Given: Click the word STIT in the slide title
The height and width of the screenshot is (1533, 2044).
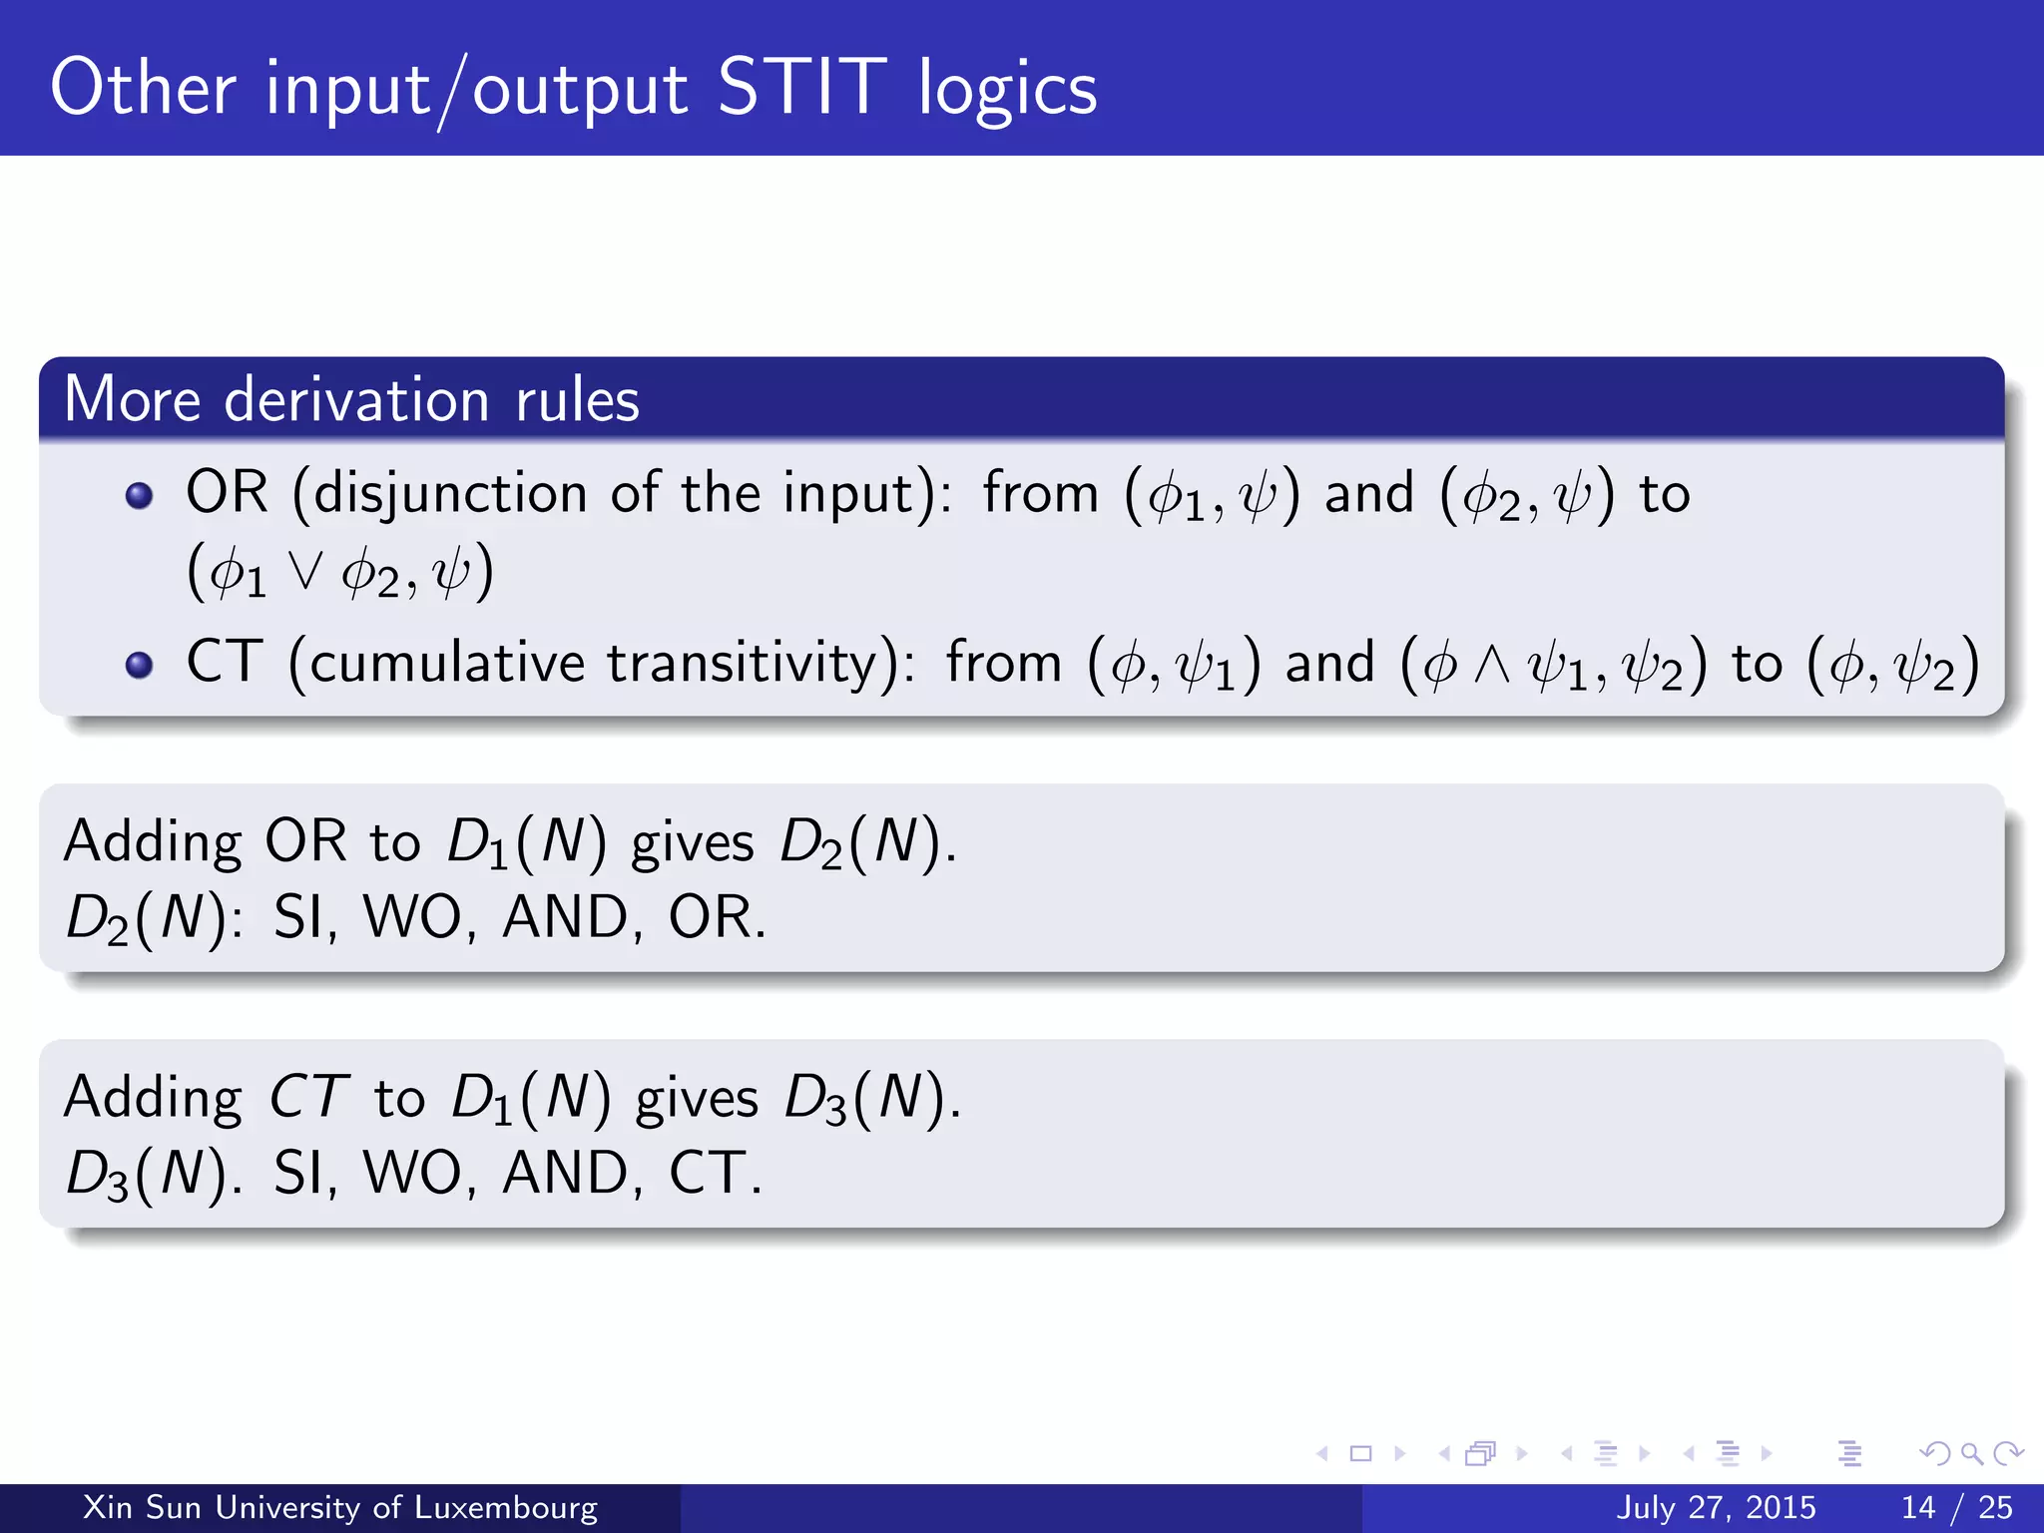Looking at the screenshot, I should coord(800,88).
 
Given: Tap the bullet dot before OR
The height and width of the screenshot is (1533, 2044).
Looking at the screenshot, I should coord(140,496).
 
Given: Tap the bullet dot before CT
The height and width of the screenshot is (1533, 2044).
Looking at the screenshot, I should coord(140,665).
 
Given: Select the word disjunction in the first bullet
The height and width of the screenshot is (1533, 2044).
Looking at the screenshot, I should coord(450,494).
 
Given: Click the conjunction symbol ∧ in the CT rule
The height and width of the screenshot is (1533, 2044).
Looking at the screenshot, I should coord(1492,665).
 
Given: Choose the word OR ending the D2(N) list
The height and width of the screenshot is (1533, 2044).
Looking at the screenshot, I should coord(709,917).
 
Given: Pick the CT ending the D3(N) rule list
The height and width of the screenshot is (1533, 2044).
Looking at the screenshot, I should coord(707,1173).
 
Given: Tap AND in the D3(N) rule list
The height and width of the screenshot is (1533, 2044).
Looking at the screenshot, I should coord(565,1173).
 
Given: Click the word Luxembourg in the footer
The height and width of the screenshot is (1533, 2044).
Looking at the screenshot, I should coord(506,1507).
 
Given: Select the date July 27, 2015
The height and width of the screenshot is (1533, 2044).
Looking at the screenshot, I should coord(1716,1507).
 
